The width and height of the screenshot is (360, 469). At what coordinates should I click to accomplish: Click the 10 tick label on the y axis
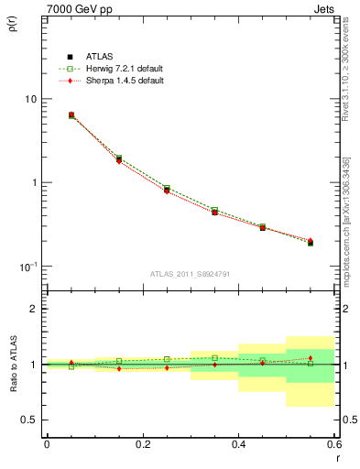(x=30, y=99)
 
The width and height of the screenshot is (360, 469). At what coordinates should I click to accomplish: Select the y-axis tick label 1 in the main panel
(x=33, y=182)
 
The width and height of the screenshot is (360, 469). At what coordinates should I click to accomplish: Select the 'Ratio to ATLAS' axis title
(x=12, y=365)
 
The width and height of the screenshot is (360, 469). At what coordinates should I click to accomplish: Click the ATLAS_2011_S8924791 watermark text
(x=191, y=274)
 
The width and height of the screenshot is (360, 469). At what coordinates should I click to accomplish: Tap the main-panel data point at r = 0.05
(x=71, y=115)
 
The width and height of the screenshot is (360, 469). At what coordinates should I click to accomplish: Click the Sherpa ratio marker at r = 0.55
(x=310, y=358)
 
